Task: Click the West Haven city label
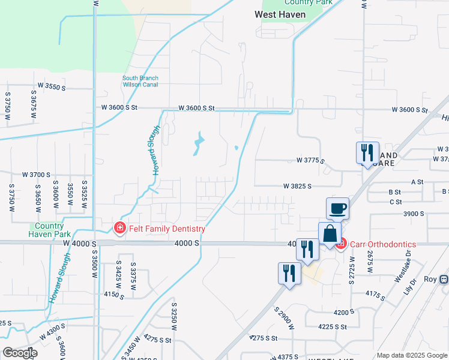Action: click(x=280, y=14)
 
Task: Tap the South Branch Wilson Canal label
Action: click(x=140, y=82)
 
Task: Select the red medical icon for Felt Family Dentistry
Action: click(x=119, y=229)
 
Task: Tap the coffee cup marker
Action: click(x=337, y=209)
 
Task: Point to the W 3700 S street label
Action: click(x=37, y=175)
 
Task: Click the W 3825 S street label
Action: click(x=298, y=187)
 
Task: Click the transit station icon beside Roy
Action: click(x=444, y=280)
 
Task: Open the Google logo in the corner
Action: click(x=20, y=353)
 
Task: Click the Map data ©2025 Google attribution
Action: click(x=411, y=355)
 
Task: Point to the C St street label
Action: click(x=395, y=202)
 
